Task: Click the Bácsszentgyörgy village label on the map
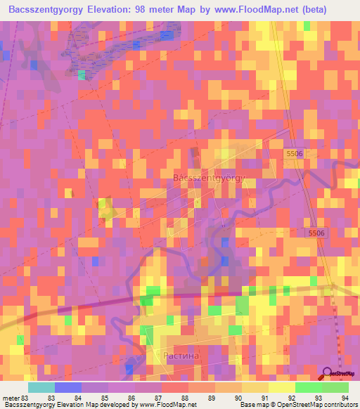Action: point(208,178)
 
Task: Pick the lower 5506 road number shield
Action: point(315,232)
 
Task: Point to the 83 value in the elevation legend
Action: point(28,398)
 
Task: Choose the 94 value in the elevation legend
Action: point(345,398)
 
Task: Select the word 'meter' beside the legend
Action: point(11,398)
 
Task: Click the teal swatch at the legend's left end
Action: point(41,387)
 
